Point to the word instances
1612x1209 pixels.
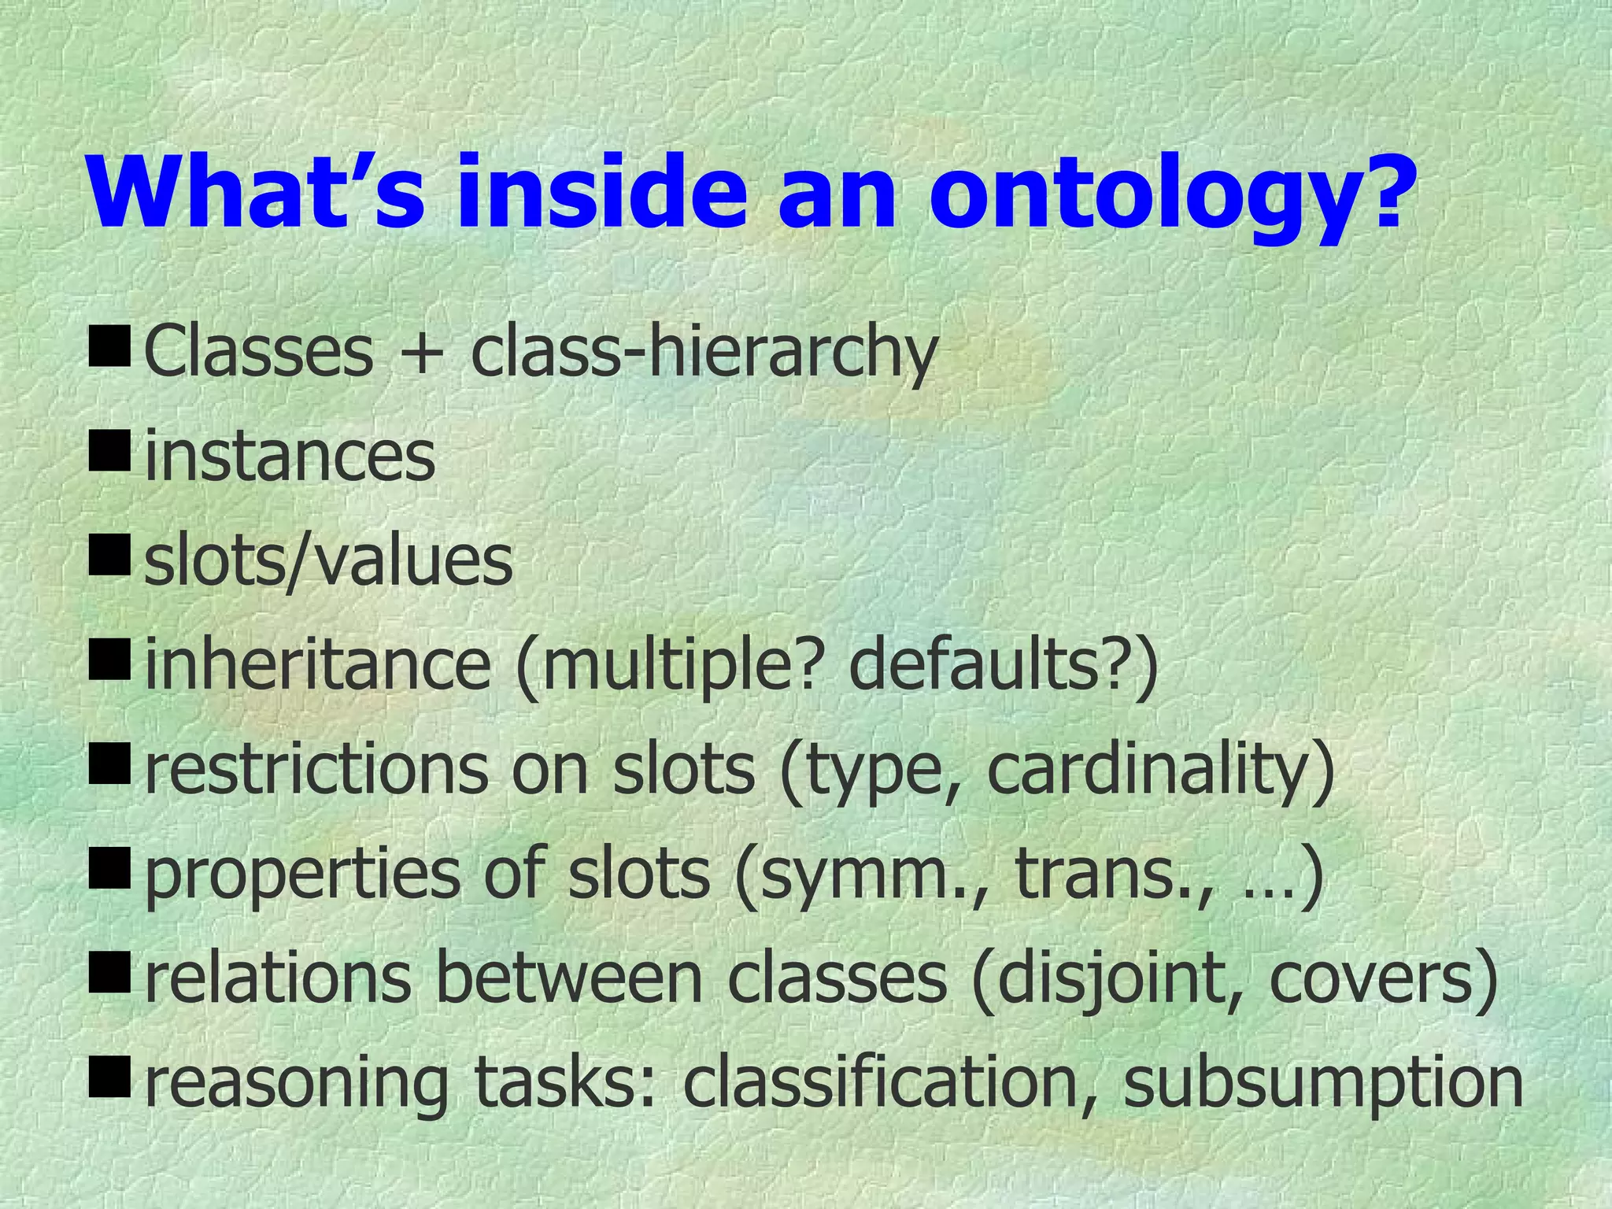click(x=290, y=457)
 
